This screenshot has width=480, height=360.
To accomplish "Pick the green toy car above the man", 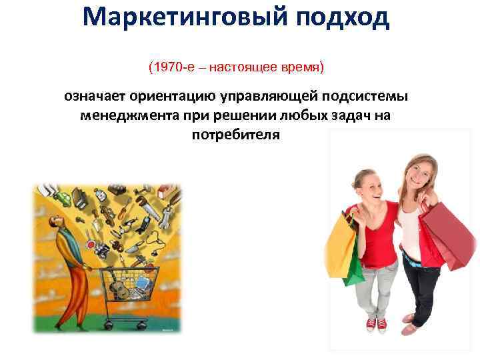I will [x=63, y=198].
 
